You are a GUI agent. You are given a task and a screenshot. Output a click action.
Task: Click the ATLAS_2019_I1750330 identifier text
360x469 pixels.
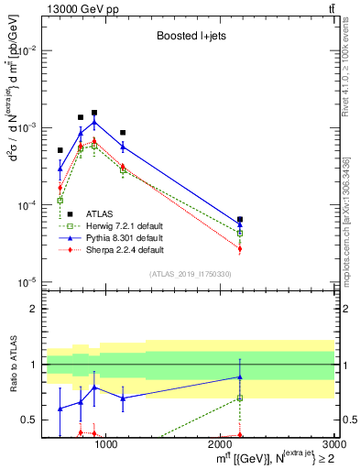click(x=189, y=274)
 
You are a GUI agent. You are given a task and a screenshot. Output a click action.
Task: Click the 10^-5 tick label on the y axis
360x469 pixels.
click(x=27, y=282)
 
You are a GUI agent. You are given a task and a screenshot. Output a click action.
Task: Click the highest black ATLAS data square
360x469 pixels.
click(x=94, y=113)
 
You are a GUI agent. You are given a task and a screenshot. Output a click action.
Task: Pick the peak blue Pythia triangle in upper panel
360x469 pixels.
click(x=94, y=122)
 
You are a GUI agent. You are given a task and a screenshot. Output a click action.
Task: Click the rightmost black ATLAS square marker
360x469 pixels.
click(x=240, y=220)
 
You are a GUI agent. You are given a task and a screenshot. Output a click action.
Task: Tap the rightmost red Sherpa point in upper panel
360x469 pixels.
click(x=240, y=248)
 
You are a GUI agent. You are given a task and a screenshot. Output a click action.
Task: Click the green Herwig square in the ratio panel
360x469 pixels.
click(x=240, y=398)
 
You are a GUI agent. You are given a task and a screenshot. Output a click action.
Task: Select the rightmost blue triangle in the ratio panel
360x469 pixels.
click(x=240, y=376)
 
